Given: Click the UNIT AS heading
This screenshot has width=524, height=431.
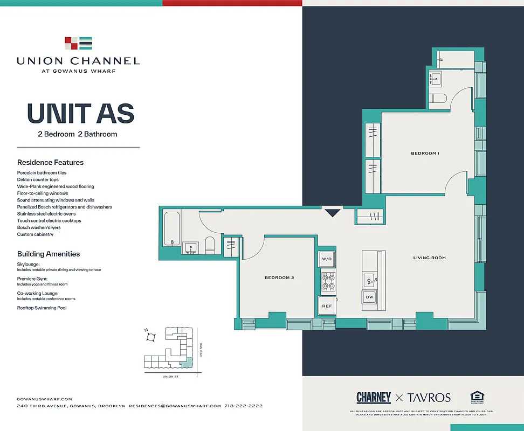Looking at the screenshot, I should pos(80,114).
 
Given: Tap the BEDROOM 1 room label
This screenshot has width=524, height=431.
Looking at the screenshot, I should pos(425,154).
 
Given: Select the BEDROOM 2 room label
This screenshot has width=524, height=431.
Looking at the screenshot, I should pos(279,278).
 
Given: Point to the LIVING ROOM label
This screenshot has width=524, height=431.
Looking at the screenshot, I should pos(429,258).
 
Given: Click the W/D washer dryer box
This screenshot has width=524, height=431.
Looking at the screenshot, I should pos(327,259).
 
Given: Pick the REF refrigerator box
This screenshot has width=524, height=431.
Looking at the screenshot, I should pos(327,306).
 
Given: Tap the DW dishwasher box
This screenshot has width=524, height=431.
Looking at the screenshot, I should pos(370,297).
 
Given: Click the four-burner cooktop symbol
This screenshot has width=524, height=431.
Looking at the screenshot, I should pos(328,282).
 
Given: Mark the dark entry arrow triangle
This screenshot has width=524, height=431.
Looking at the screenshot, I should pos(332,213).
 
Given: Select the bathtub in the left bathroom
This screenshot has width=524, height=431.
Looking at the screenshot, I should pos(171,229).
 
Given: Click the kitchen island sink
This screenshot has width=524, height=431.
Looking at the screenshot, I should pos(370,279).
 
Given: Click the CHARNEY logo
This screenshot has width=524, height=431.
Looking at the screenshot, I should pos(373,398).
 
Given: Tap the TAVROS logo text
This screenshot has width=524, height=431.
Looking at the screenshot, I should pos(429,398).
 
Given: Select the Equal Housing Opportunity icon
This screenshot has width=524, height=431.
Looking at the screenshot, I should pos(477,398).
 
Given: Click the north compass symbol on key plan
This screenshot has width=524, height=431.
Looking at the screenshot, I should pos(151,337).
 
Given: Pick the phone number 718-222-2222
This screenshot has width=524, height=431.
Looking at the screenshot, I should pos(243,406).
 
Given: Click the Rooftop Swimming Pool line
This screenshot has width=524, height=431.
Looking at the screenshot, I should pos(42,308).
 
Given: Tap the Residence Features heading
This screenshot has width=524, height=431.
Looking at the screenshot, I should pos(50,162).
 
